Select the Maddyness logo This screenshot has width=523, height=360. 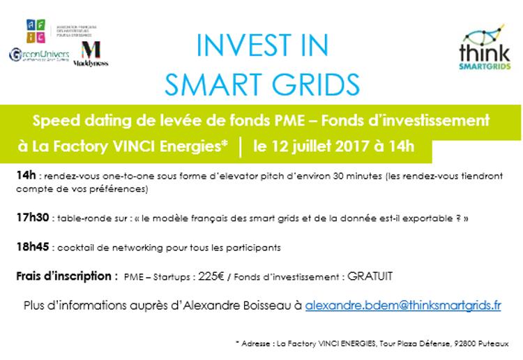(91, 54)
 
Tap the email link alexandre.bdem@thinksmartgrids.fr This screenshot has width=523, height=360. (403, 305)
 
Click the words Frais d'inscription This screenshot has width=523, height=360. (66, 276)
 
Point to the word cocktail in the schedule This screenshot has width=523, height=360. (75, 247)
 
